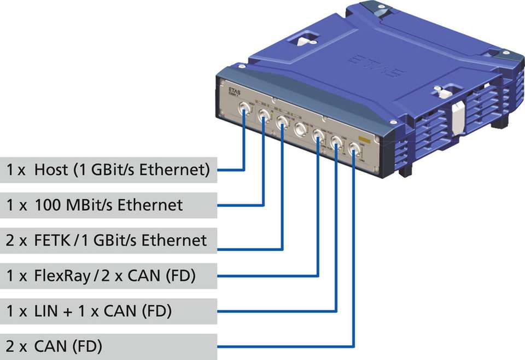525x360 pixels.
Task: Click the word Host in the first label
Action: click(x=50, y=170)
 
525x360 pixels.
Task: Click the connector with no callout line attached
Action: click(x=300, y=130)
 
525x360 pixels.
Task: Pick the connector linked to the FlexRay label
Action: click(x=318, y=136)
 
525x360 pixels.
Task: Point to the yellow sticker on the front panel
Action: click(x=362, y=139)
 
